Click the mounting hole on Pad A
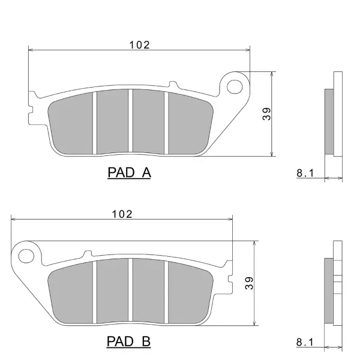pos(235,87)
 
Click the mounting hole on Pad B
pos(26,256)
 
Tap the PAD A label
pos(129,172)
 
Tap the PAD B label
pos(128,341)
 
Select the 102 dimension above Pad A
pos(139,45)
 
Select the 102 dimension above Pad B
pos(122,214)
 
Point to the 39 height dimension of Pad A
pos(266,114)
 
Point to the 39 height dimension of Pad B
pos(249,283)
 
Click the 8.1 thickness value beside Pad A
pos(305,173)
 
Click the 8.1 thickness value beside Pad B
pos(305,342)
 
